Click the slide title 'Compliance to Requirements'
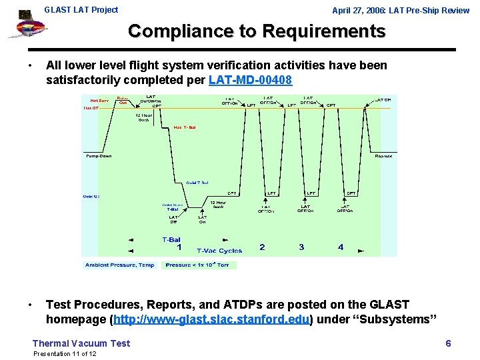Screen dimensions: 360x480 point(256,31)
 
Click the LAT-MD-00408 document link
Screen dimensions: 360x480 point(250,79)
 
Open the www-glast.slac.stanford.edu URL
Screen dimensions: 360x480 point(213,319)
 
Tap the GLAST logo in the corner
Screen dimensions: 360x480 point(25,27)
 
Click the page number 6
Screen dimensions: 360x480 point(448,343)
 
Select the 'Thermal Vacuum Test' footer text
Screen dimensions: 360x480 point(81,343)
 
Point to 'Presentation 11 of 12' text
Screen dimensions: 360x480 point(65,353)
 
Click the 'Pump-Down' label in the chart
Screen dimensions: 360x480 point(99,156)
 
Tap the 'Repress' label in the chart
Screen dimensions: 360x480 point(383,156)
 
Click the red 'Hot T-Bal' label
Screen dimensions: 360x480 point(185,127)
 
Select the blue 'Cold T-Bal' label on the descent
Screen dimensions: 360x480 point(197,182)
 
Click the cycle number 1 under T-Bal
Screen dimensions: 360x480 point(179,247)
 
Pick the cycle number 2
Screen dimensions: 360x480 point(262,247)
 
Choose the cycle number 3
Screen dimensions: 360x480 point(301,247)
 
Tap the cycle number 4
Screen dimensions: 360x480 point(341,247)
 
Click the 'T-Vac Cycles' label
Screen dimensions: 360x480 point(219,251)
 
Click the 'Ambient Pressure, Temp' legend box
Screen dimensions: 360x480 point(119,265)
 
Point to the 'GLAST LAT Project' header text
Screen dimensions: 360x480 point(81,9)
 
